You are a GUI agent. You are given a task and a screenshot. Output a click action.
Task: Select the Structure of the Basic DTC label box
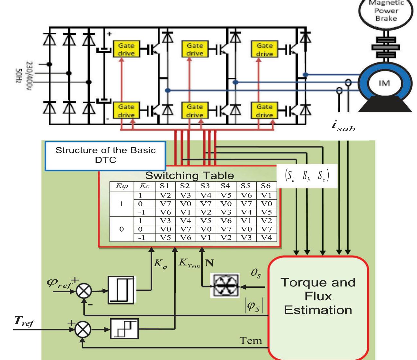pyautogui.click(x=105, y=155)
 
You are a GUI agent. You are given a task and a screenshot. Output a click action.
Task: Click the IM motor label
pyautogui.click(x=384, y=83)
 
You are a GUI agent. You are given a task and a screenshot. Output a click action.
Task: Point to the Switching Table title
pyautogui.click(x=189, y=176)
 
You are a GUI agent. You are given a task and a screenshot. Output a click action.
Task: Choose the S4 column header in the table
pyautogui.click(x=225, y=186)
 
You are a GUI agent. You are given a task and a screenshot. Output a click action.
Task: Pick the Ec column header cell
pyautogui.click(x=144, y=186)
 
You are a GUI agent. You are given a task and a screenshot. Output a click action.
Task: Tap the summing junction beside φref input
pyautogui.click(x=84, y=291)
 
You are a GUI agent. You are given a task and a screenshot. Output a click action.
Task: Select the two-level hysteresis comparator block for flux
pyautogui.click(x=121, y=290)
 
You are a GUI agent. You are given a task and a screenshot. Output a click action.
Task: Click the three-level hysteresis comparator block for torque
pyautogui.click(x=124, y=329)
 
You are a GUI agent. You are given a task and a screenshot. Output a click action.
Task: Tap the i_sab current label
pyautogui.click(x=343, y=126)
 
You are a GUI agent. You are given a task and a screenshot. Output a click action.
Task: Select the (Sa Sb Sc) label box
pyautogui.click(x=307, y=176)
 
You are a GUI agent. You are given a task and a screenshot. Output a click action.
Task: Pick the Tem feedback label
pyautogui.click(x=251, y=340)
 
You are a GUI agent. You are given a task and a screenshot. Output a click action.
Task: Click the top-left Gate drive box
pyautogui.click(x=126, y=49)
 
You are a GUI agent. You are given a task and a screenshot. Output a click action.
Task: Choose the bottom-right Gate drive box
pyautogui.click(x=264, y=110)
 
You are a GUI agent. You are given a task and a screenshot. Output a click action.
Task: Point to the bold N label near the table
pyautogui.click(x=209, y=263)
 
